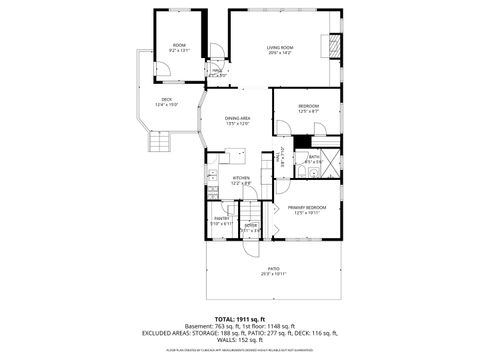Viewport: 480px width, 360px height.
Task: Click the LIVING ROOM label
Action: coord(279,48)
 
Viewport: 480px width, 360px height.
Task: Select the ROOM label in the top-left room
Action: coord(179,45)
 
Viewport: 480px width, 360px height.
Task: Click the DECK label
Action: coord(167,99)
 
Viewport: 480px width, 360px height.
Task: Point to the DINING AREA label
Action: coord(237,118)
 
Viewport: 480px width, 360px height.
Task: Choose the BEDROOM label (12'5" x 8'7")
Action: coord(308,106)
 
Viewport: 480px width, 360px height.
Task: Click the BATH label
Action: coord(313,157)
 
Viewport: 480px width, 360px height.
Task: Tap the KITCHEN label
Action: coord(241,178)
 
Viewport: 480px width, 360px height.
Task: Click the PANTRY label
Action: coord(222,218)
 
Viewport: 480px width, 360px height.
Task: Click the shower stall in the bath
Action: coord(331,157)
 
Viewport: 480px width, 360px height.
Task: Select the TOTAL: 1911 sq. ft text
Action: coord(240,319)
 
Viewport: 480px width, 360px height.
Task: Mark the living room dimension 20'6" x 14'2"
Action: coord(279,54)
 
